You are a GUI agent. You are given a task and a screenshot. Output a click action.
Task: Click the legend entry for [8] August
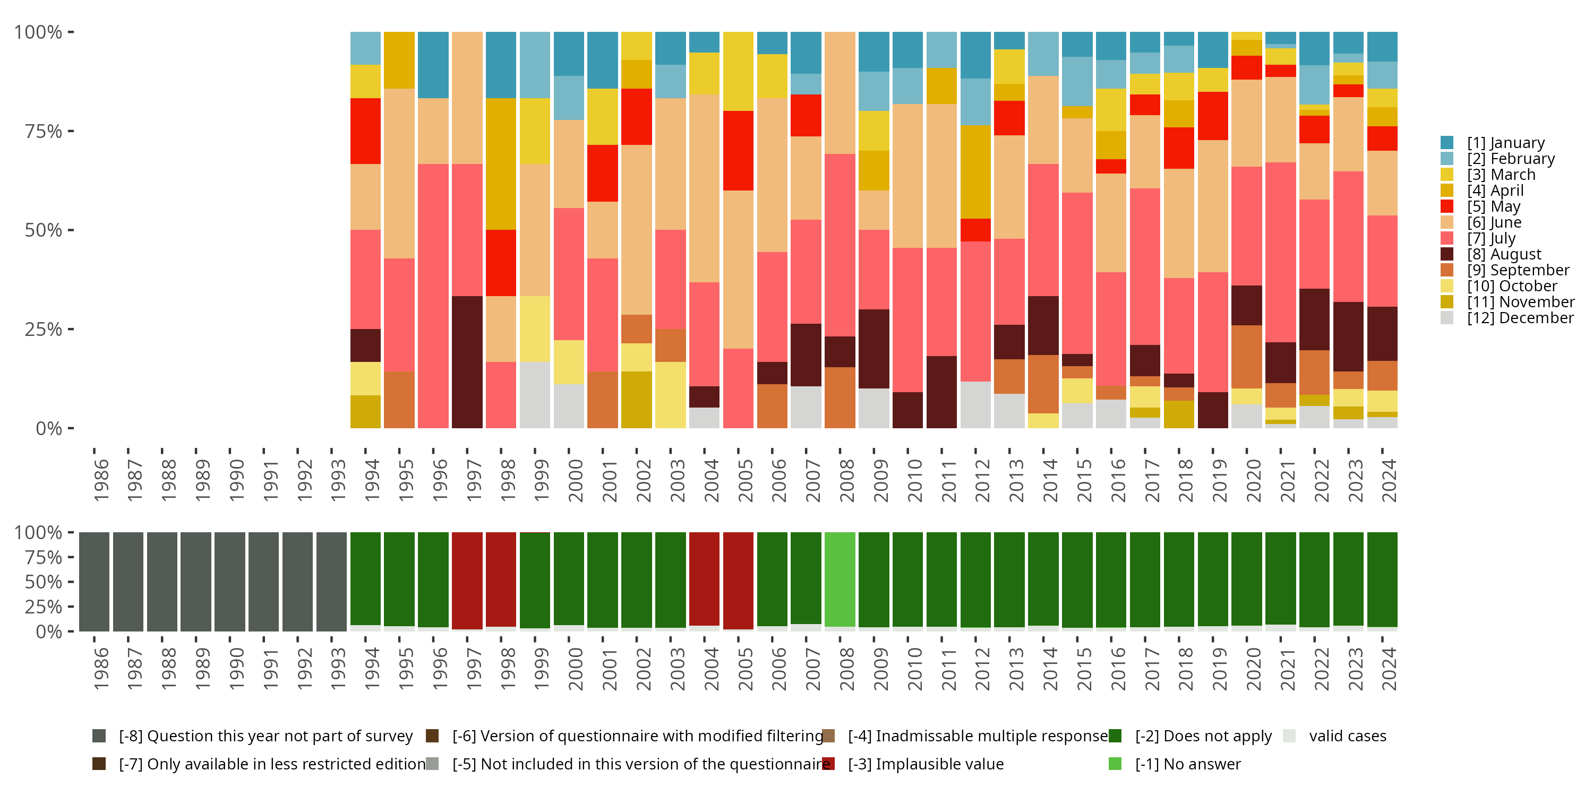coord(1503,254)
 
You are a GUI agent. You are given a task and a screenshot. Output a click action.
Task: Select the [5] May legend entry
coord(1493,206)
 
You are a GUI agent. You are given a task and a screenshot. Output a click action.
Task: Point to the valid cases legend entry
coord(1347,736)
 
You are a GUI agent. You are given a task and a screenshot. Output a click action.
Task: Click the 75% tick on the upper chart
coord(44,131)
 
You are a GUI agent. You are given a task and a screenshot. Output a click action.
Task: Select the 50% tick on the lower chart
coord(44,582)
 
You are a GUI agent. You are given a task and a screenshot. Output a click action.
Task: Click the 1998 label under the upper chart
coord(508,480)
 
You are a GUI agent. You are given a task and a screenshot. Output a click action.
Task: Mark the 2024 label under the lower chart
coord(1389,669)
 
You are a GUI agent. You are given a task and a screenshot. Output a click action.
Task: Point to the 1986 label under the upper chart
coord(101,480)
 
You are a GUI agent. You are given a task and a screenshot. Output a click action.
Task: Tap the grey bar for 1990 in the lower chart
coord(230,582)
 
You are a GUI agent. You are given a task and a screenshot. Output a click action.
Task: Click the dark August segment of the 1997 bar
coord(467,362)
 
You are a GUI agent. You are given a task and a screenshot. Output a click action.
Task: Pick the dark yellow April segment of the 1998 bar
coord(501,164)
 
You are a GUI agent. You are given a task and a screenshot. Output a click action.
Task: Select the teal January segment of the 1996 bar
coord(433,65)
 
